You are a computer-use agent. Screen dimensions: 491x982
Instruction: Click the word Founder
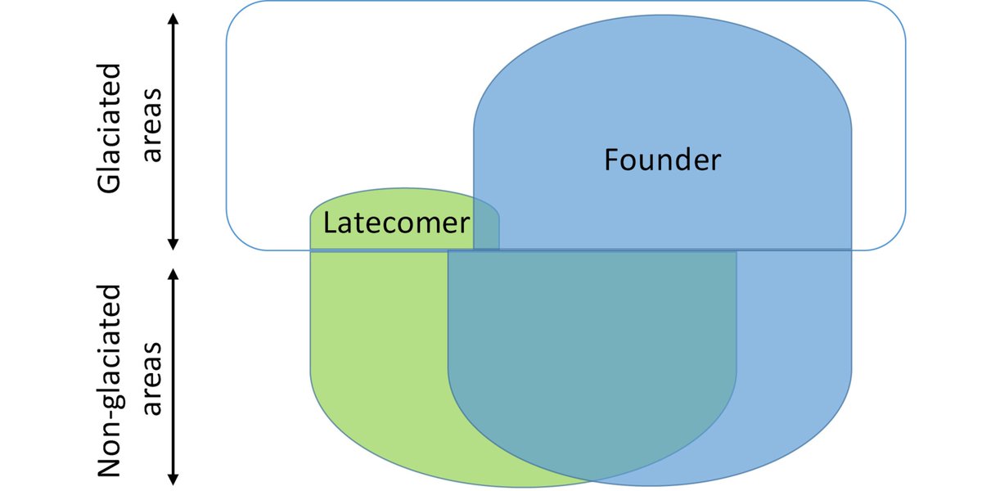tap(663, 160)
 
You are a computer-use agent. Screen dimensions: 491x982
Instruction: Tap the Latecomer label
tap(396, 223)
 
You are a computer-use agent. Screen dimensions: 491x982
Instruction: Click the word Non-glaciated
tap(110, 381)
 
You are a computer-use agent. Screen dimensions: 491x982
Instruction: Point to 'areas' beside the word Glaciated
tap(152, 127)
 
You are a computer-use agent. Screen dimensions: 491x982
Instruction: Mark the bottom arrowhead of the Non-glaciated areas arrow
tap(173, 480)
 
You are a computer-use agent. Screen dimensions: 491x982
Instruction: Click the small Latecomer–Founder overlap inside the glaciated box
tap(486, 229)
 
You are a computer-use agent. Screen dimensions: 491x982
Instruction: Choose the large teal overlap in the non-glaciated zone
tap(589, 344)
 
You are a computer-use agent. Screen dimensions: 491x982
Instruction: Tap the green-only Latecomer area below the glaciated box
tap(376, 344)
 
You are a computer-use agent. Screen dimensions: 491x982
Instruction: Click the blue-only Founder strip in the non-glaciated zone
tap(794, 344)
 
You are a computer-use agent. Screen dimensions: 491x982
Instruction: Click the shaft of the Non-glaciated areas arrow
tap(173, 376)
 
